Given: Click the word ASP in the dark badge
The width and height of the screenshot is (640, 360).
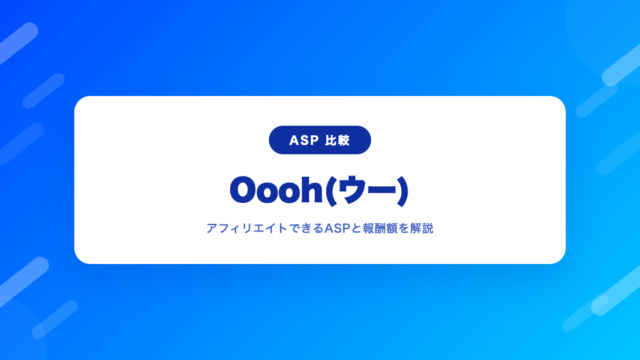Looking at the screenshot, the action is (304, 140).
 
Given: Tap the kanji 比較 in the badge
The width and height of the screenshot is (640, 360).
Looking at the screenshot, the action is (337, 140).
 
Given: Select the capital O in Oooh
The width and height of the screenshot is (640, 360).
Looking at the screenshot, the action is (245, 190).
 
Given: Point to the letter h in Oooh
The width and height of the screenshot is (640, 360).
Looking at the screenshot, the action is (314, 189).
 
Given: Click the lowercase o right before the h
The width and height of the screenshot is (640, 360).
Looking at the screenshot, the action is (292, 193).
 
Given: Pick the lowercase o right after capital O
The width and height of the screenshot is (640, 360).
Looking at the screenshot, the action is (271, 193).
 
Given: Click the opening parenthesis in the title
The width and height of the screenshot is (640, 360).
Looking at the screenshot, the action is (332, 191).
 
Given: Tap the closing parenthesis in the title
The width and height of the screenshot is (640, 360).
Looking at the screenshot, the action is (402, 191).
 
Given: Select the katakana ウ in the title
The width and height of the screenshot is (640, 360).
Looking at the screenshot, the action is (354, 190).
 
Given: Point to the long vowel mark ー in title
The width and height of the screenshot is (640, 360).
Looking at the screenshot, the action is (383, 190).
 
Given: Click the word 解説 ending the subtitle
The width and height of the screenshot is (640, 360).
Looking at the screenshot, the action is (422, 229).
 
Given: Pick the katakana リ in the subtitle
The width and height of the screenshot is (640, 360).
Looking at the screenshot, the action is (247, 229).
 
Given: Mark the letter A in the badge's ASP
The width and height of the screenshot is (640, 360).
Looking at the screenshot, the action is (294, 140).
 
